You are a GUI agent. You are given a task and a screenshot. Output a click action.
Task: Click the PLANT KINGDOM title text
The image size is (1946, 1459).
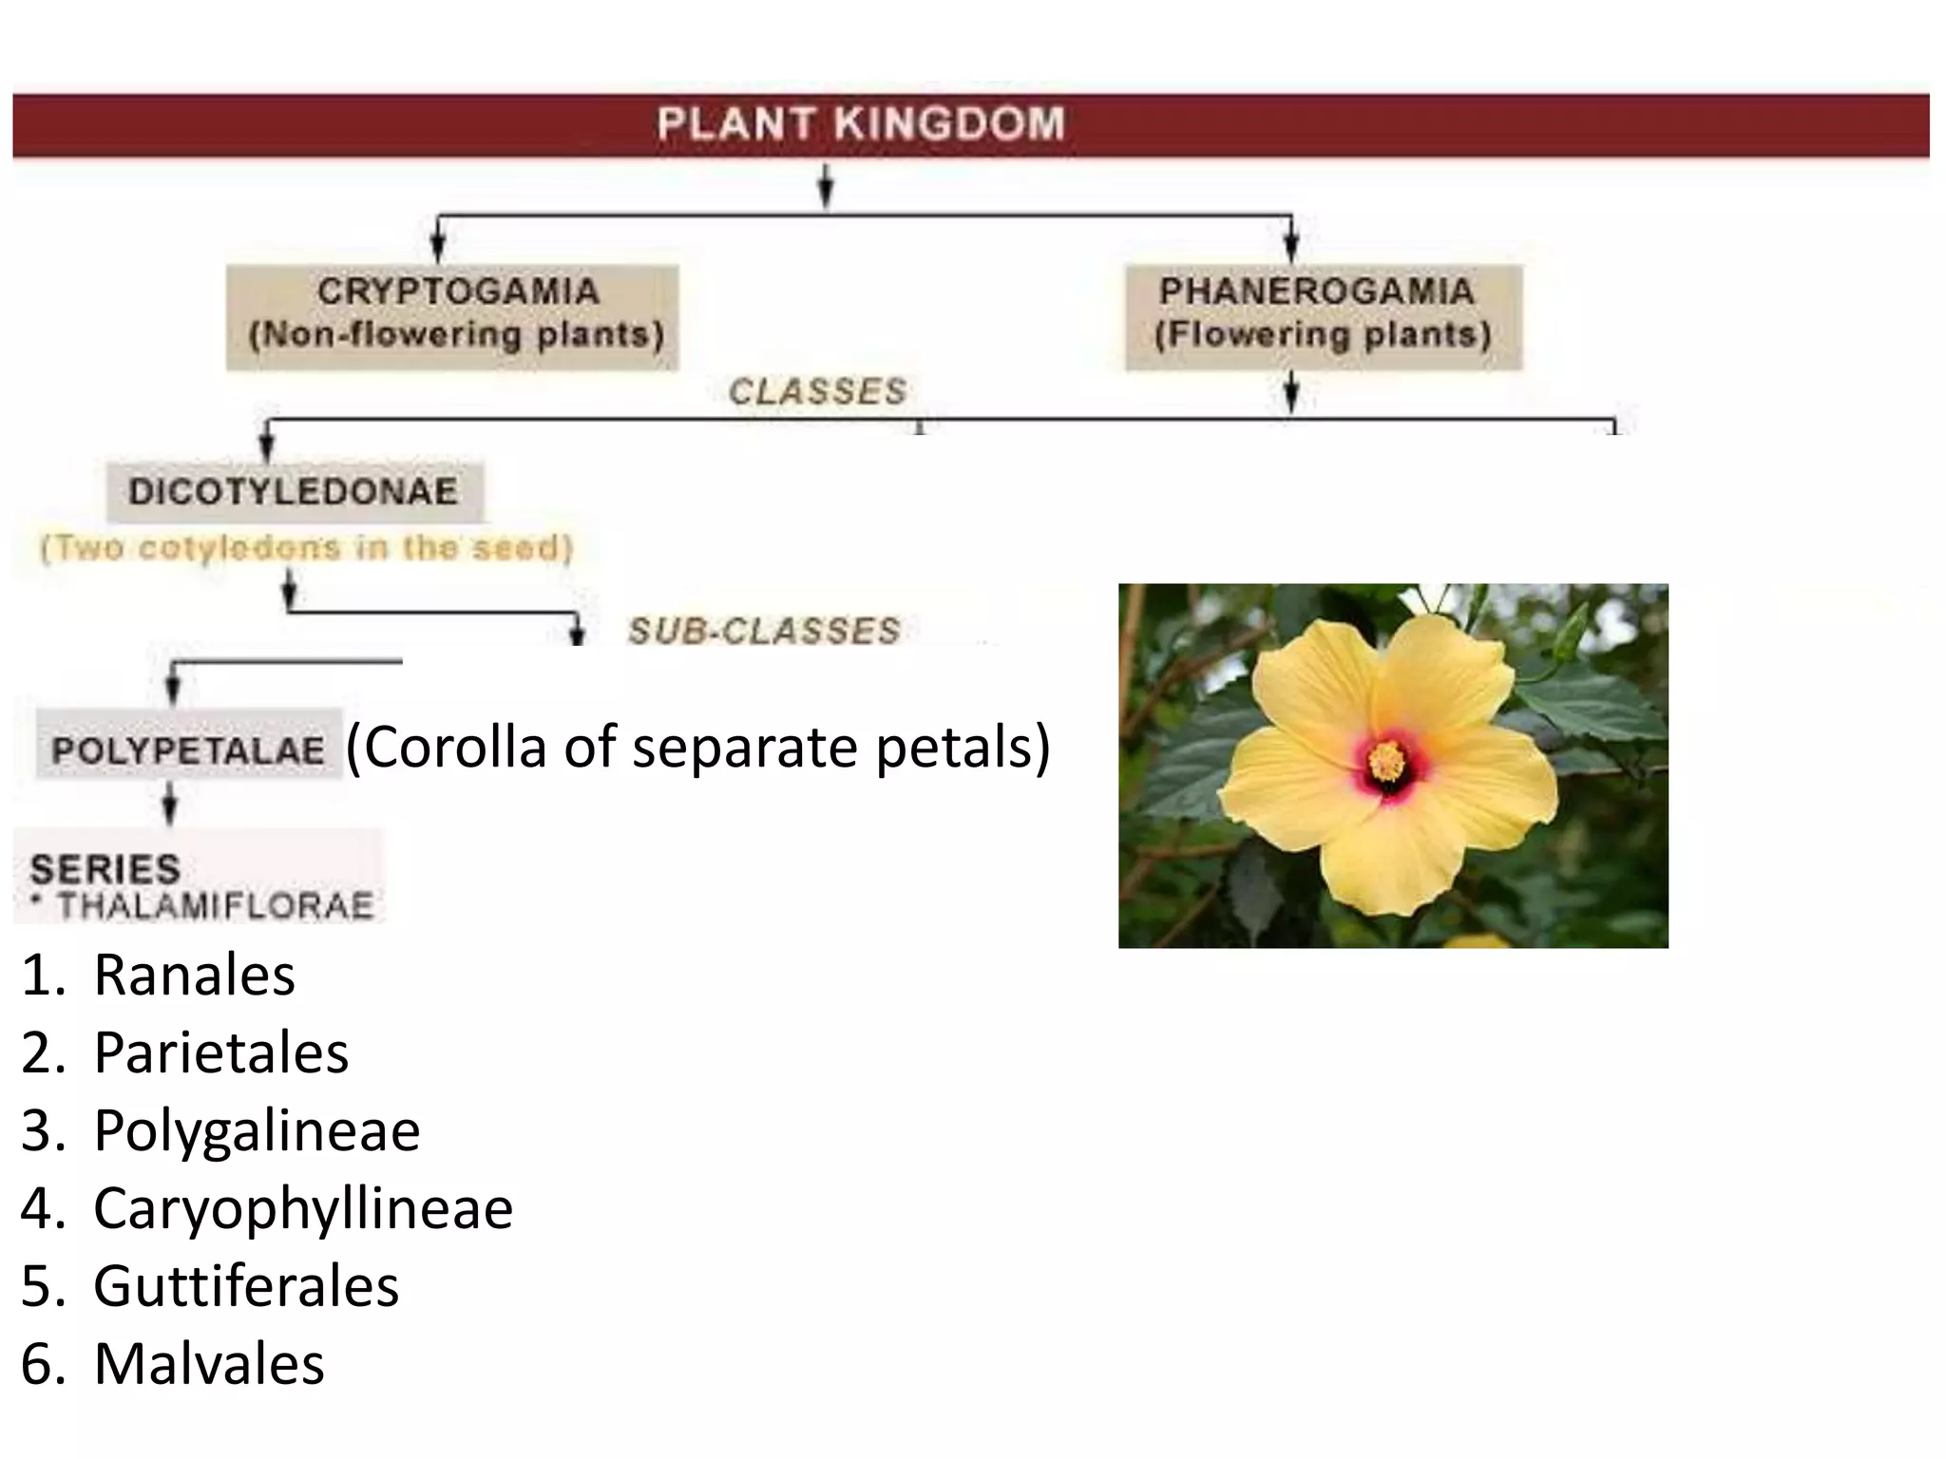coord(861,124)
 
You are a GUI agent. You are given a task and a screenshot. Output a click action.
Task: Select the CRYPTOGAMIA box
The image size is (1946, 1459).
coord(453,316)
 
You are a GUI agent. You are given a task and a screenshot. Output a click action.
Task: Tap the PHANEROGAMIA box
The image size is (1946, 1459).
coord(1323,316)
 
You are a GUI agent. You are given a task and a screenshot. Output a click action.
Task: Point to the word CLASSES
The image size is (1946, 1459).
coord(817,391)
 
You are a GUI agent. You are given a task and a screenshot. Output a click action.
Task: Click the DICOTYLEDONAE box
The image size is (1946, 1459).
coord(294,491)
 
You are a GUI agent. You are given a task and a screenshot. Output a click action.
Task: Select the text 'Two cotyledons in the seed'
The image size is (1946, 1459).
coord(307,549)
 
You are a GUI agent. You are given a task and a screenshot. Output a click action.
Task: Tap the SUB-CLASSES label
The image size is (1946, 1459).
coord(764,631)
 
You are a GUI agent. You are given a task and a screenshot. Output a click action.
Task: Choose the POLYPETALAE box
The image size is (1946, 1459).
coord(188,748)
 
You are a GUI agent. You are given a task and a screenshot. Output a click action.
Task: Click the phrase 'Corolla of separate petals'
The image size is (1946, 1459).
coord(698,748)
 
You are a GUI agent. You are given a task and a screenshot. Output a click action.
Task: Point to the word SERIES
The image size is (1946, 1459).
coord(105,869)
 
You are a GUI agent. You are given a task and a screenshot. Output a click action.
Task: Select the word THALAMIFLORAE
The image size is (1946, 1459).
coord(215,906)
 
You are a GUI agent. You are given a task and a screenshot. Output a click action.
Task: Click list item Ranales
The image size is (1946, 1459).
coord(194,975)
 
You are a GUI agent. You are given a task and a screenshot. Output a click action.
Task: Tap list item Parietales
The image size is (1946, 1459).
coord(220,1052)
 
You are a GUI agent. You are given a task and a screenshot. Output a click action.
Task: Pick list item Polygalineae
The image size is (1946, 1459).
coord(257,1130)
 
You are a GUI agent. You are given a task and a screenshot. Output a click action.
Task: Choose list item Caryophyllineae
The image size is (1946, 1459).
coord(302,1208)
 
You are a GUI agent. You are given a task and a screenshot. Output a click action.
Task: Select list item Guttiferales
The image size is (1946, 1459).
coord(245,1286)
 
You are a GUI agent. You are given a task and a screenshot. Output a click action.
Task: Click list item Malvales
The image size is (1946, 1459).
coord(209,1364)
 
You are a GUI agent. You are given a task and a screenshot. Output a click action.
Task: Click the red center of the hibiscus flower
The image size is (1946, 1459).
coord(1387,762)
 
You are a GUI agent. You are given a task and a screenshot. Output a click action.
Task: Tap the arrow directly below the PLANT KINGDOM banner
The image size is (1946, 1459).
coord(827,185)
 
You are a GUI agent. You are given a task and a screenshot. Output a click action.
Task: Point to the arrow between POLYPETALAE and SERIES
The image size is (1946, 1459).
coord(169,805)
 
